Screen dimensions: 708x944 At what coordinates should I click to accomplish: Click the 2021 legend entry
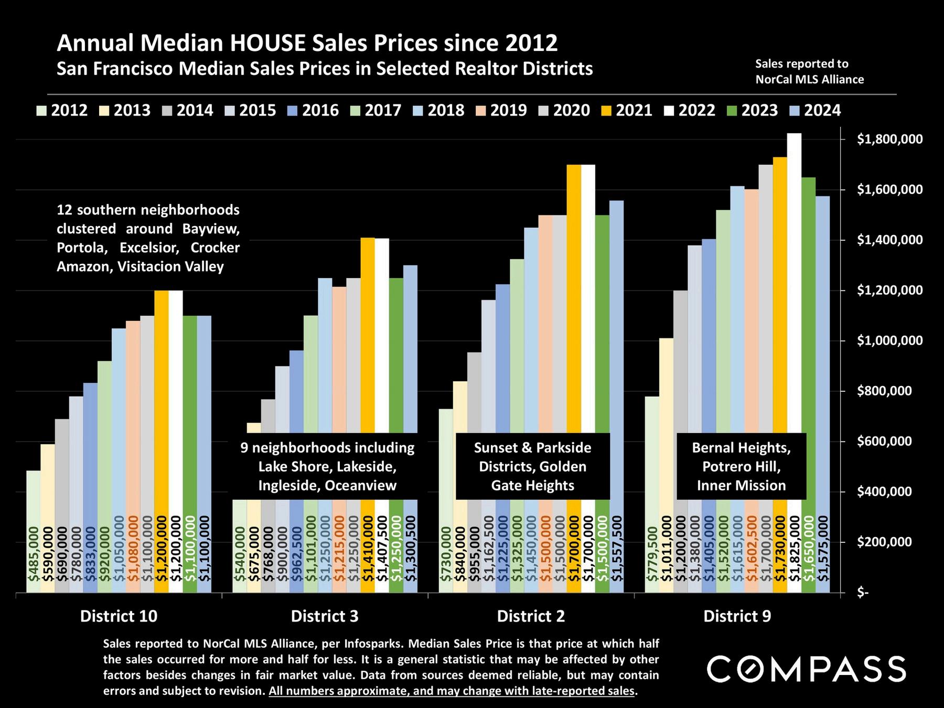pyautogui.click(x=628, y=110)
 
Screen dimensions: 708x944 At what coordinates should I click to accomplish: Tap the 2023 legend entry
pyautogui.click(x=753, y=110)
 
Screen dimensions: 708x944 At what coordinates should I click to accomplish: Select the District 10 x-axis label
pyautogui.click(x=119, y=616)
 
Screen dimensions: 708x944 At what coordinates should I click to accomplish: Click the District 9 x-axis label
pyautogui.click(x=737, y=616)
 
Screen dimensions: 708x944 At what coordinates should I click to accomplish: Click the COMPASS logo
pyautogui.click(x=806, y=669)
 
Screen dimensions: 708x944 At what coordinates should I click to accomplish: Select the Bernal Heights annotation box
pyautogui.click(x=741, y=466)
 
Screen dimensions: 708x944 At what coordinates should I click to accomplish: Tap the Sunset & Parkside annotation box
pyautogui.click(x=532, y=466)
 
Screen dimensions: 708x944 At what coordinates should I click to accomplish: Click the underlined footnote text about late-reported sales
pyautogui.click(x=452, y=691)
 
